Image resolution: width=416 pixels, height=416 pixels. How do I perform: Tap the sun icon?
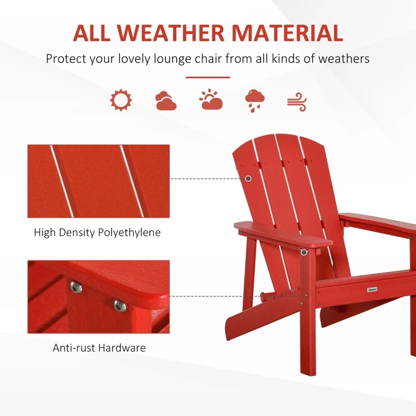point(121,100)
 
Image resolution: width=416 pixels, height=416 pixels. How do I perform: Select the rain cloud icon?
point(255,100)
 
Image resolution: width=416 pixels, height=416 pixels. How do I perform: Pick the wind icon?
point(297,101)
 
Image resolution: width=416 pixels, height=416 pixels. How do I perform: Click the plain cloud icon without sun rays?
point(166,100)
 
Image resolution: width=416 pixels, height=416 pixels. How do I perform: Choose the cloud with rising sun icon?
point(211,99)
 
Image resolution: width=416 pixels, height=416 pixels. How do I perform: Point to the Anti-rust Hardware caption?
point(99,348)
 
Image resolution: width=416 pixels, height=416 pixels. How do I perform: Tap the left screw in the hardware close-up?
point(76,287)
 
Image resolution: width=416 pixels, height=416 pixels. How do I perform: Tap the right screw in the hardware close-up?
point(120,305)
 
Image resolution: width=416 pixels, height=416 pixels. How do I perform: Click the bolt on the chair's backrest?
point(248,178)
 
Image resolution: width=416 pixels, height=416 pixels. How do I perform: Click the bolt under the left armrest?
point(303,252)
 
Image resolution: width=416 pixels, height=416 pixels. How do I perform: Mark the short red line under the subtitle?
point(207,77)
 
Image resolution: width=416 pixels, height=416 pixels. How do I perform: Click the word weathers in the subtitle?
point(343,58)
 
